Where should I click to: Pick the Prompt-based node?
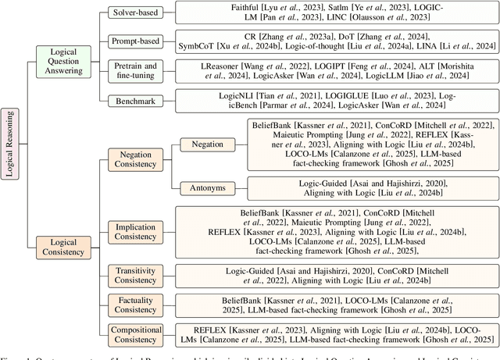pos(135,41)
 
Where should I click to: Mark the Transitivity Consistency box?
pos(135,274)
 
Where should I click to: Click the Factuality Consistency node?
pos(135,304)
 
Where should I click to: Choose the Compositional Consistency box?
pos(135,333)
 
